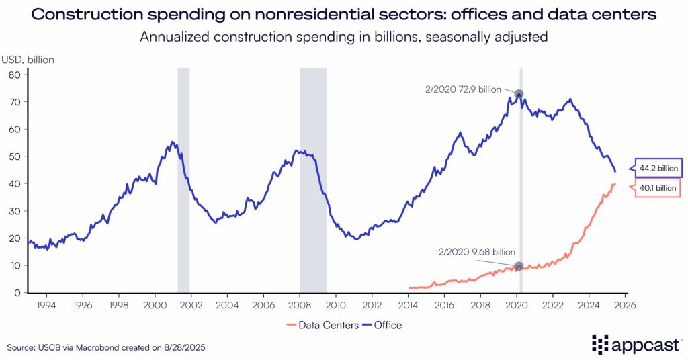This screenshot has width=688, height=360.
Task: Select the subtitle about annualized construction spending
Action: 344,37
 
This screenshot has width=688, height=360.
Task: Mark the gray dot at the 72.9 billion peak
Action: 519,94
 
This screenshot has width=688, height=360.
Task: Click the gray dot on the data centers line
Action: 519,267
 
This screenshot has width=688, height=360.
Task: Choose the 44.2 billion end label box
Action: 658,168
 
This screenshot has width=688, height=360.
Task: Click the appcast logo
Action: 635,344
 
